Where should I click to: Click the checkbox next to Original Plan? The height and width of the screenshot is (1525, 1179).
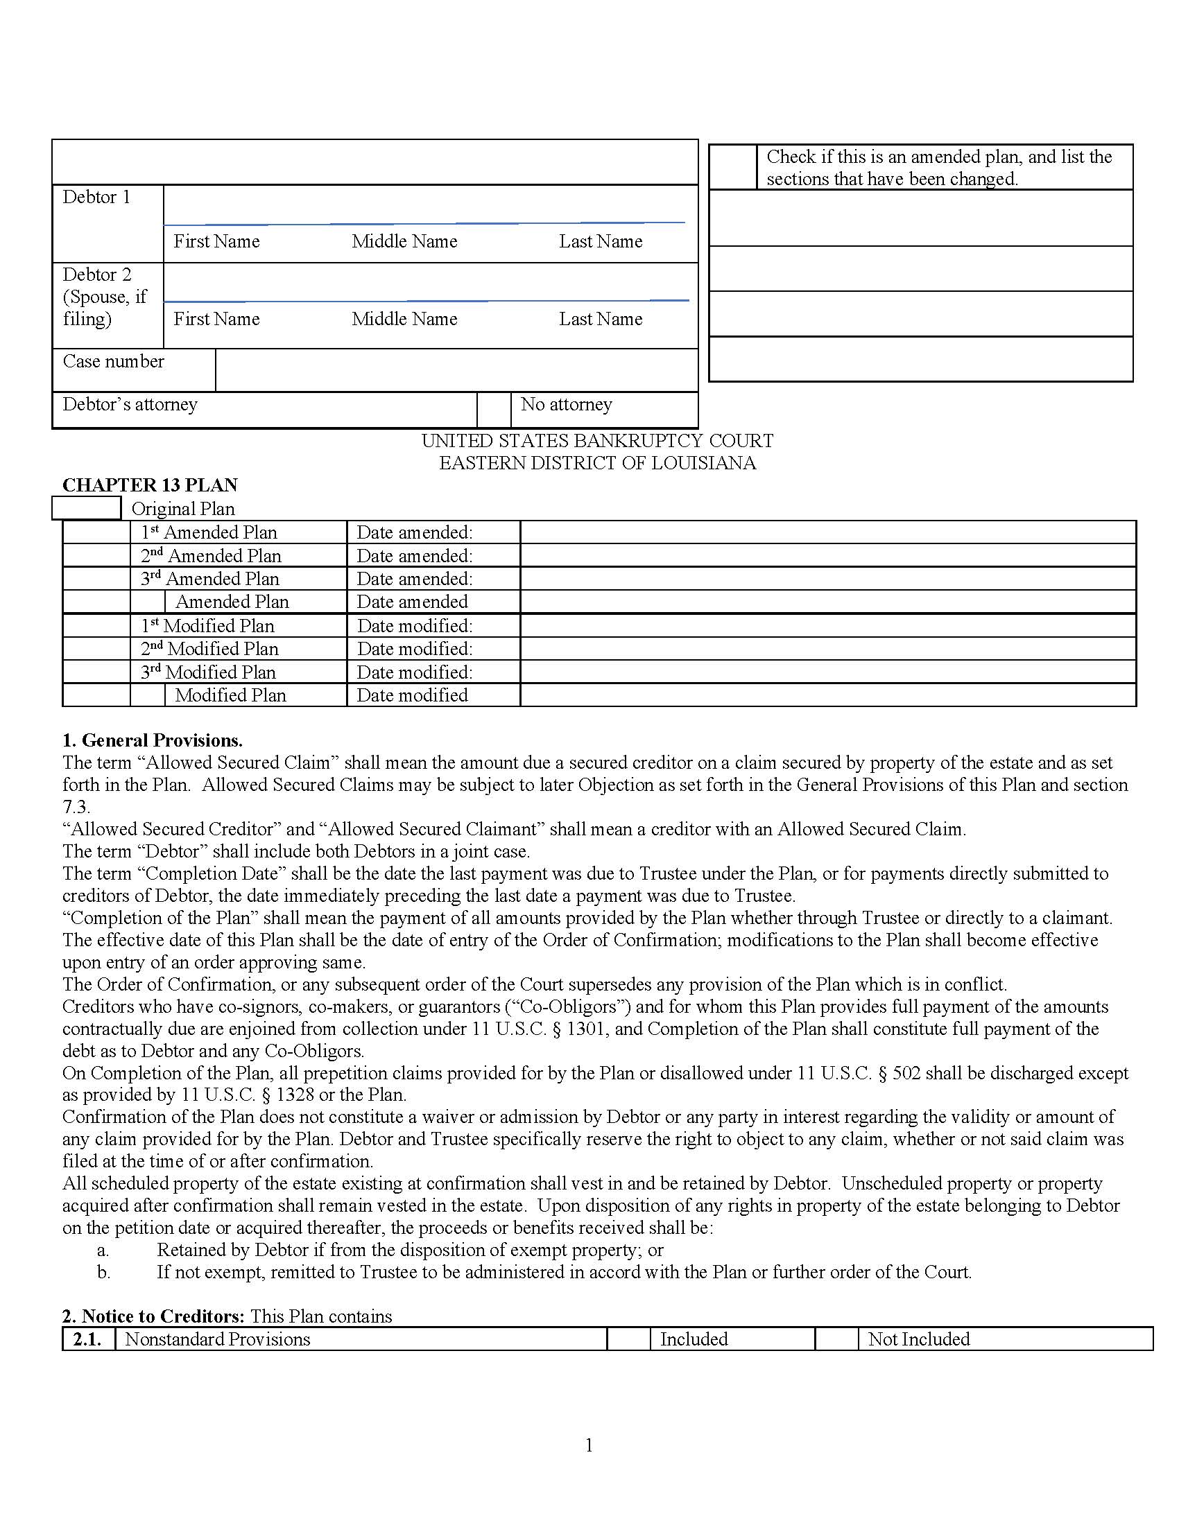click(x=86, y=508)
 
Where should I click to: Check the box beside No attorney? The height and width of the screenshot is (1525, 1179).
click(x=494, y=409)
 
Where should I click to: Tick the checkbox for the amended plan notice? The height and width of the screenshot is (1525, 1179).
click(x=732, y=167)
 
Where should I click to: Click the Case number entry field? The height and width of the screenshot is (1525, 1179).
click(x=456, y=370)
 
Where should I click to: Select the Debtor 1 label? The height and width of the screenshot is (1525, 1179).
click(x=96, y=198)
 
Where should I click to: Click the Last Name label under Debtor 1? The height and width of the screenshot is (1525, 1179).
click(x=600, y=242)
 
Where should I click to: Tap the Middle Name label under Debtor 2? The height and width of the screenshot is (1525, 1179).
click(x=404, y=319)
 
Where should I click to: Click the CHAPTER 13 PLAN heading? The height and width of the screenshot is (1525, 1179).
click(x=150, y=485)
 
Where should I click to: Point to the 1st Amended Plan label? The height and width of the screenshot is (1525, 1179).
click(x=209, y=533)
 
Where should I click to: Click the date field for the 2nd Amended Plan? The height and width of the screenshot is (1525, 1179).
click(x=827, y=556)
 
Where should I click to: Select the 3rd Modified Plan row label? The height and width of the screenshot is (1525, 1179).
click(x=208, y=672)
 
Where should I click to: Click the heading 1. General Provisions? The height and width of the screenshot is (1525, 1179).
click(x=153, y=740)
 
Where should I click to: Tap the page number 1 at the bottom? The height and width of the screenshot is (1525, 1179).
click(x=589, y=1445)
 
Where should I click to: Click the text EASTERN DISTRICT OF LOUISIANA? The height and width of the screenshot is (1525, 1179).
click(x=597, y=464)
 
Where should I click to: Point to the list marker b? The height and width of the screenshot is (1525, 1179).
click(x=103, y=1272)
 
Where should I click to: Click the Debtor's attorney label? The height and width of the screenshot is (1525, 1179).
click(x=130, y=405)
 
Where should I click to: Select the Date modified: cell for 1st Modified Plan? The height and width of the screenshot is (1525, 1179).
click(x=415, y=627)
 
